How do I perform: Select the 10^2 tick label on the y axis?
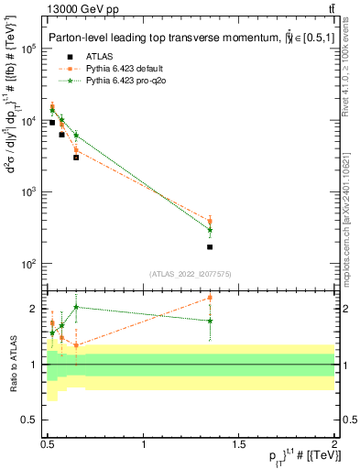28,264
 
